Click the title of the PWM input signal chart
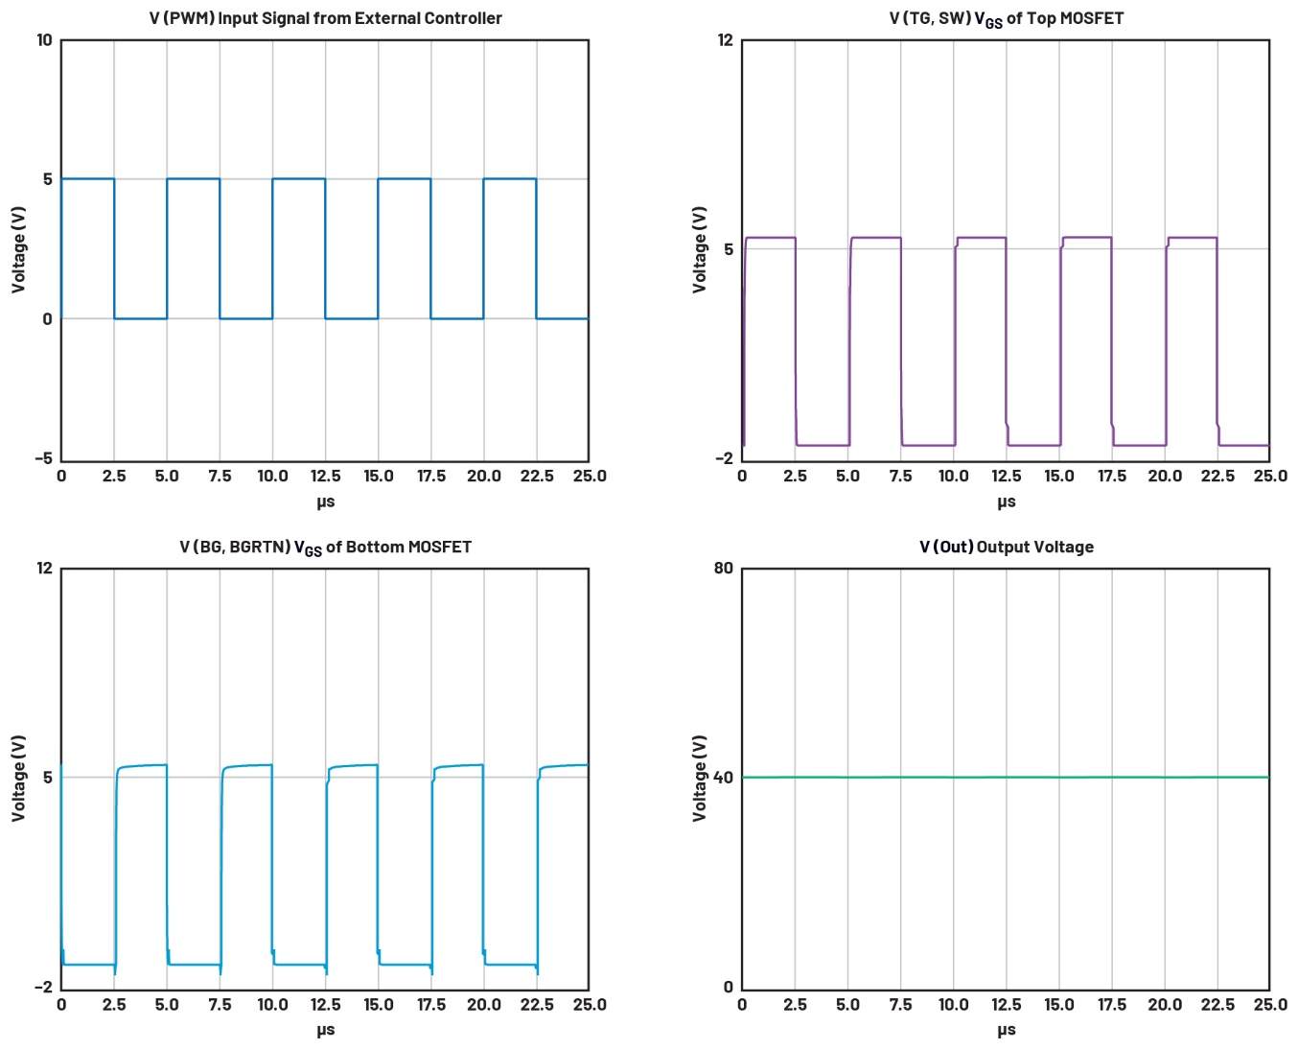tap(325, 18)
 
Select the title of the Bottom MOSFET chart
tap(325, 548)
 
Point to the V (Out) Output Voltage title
tap(1006, 548)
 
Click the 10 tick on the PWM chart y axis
tap(44, 40)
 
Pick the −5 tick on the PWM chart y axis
tap(43, 458)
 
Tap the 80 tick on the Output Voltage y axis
tap(724, 569)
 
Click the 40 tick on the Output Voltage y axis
tap(724, 778)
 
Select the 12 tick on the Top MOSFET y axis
tap(725, 40)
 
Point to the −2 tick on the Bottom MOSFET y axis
tap(43, 988)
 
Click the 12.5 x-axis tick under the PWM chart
tap(325, 477)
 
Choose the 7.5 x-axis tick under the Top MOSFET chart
tap(900, 477)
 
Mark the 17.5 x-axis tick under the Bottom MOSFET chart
tap(430, 1005)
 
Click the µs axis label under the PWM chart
tap(325, 501)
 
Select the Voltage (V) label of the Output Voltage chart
tap(700, 778)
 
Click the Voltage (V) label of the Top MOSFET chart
tap(700, 249)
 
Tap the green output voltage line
tap(1006, 778)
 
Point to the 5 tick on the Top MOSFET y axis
tap(729, 249)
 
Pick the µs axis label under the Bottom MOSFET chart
tap(325, 1031)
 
